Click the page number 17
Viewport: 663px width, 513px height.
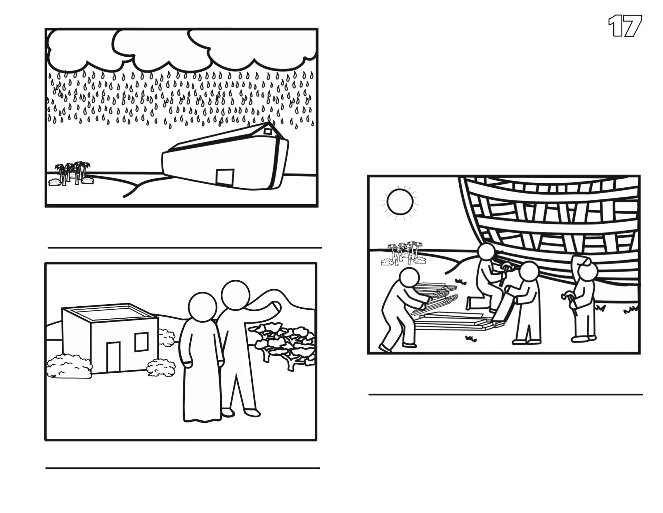pyautogui.click(x=625, y=26)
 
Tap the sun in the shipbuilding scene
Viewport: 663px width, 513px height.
pyautogui.click(x=400, y=202)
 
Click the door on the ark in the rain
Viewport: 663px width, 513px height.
pyautogui.click(x=225, y=177)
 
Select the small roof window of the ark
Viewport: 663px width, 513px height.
pyautogui.click(x=268, y=131)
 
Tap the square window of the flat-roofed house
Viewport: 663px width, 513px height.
pyautogui.click(x=142, y=342)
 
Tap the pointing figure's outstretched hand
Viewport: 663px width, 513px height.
pyautogui.click(x=276, y=308)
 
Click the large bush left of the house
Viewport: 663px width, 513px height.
pyautogui.click(x=69, y=366)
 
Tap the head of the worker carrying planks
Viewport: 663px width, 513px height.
pyautogui.click(x=409, y=278)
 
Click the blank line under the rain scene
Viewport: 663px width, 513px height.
pyautogui.click(x=185, y=248)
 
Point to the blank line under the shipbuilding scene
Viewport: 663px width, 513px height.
pyautogui.click(x=506, y=394)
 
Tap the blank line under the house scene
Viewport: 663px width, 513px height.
pyautogui.click(x=183, y=468)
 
